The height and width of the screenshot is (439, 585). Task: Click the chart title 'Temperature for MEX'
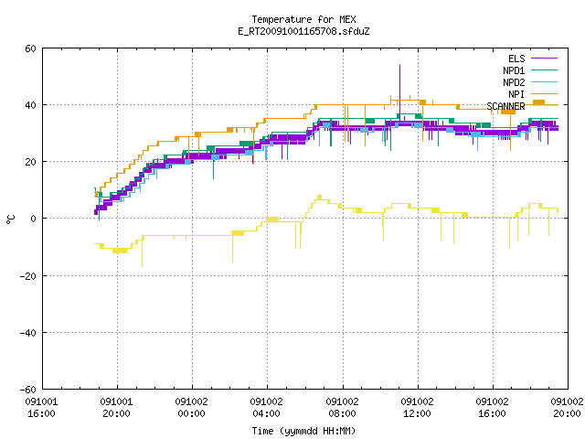click(303, 19)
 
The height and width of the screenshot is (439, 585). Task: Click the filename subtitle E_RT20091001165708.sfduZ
click(303, 31)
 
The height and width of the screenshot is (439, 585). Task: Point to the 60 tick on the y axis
click(30, 48)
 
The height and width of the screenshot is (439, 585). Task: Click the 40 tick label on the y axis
click(30, 105)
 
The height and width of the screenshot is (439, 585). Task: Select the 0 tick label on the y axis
click(33, 219)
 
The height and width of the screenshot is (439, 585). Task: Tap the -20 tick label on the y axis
click(28, 276)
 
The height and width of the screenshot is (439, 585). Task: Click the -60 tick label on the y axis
click(28, 390)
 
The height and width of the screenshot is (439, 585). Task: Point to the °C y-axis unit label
click(10, 219)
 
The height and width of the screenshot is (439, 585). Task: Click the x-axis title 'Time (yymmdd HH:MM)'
click(303, 431)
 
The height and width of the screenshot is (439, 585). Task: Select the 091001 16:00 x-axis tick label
click(41, 408)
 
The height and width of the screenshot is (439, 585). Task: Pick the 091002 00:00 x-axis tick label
click(191, 408)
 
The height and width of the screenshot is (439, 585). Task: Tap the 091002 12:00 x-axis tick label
click(417, 408)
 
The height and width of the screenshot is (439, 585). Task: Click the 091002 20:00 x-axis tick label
click(567, 408)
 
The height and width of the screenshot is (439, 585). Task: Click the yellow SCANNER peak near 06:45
click(319, 197)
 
